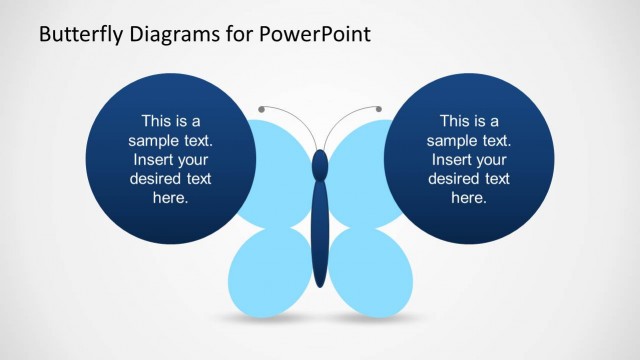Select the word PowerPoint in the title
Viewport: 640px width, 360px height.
(x=314, y=34)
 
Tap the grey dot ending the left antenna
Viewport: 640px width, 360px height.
(x=261, y=108)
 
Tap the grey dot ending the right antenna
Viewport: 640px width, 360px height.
(x=379, y=108)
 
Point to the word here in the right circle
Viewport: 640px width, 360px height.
(x=469, y=199)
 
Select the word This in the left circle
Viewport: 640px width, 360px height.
(x=157, y=120)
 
